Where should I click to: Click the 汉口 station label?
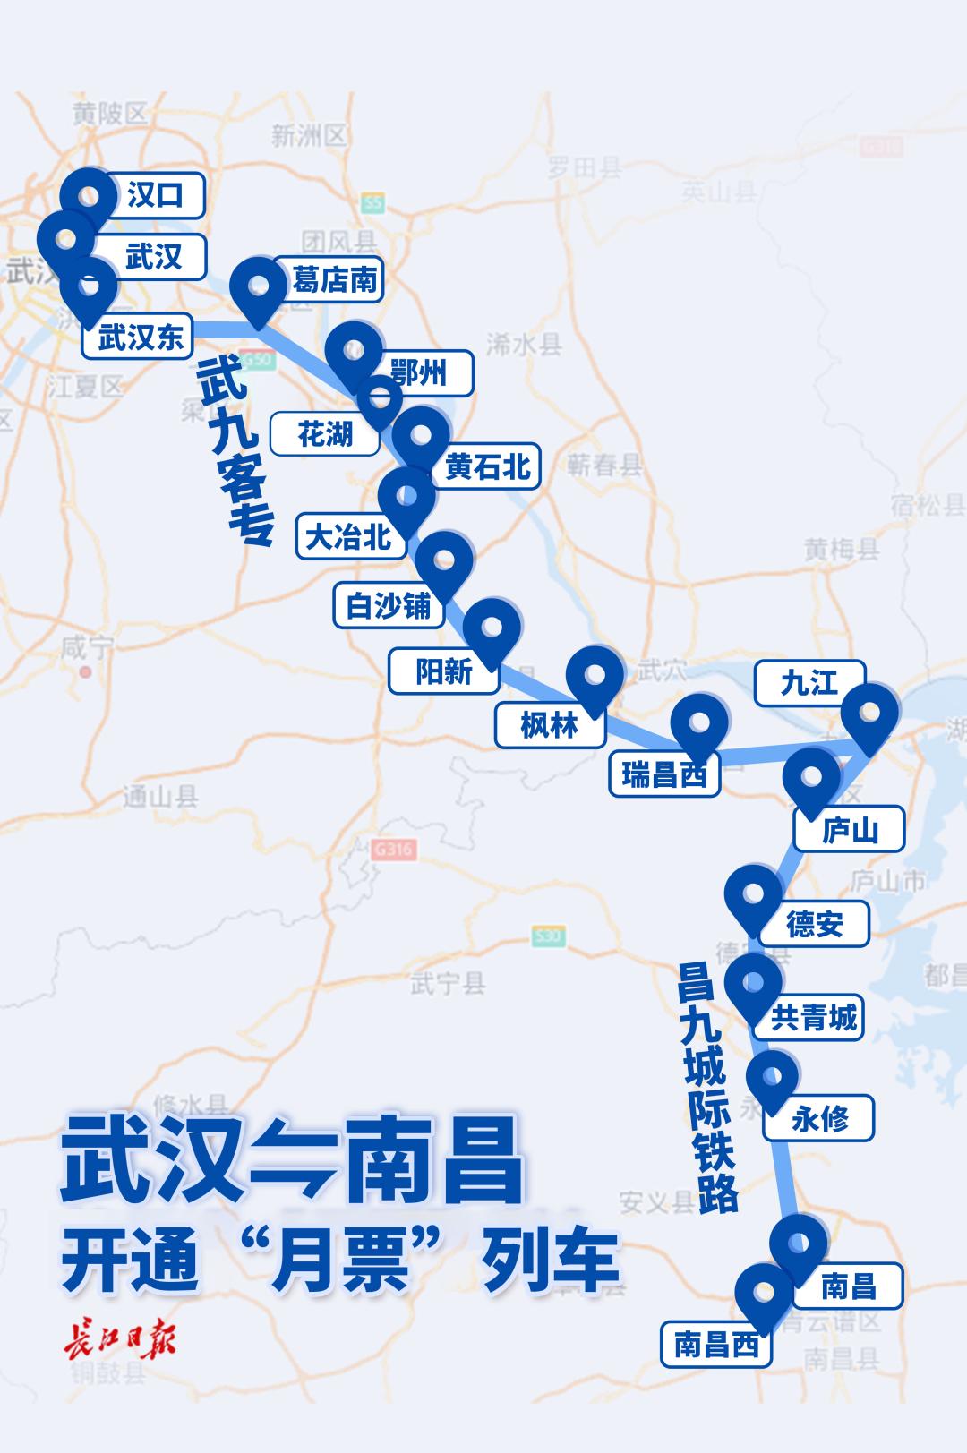[x=155, y=196]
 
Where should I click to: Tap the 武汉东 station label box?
[x=141, y=338]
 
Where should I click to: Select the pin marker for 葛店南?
[x=258, y=287]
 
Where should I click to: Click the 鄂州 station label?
[x=419, y=372]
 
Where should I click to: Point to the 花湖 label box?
[x=324, y=435]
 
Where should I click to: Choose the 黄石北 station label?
[x=487, y=466]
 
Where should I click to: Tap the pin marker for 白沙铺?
[x=444, y=562]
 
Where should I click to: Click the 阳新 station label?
[x=443, y=671]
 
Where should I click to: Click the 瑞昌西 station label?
[x=664, y=774]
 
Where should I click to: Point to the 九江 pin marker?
[x=869, y=714]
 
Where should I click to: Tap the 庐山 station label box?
[x=850, y=832]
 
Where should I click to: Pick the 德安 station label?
[x=814, y=924]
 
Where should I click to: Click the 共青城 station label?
[x=814, y=1018]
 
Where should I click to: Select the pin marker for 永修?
[x=771, y=1078]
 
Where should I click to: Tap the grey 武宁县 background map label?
[x=447, y=984]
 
